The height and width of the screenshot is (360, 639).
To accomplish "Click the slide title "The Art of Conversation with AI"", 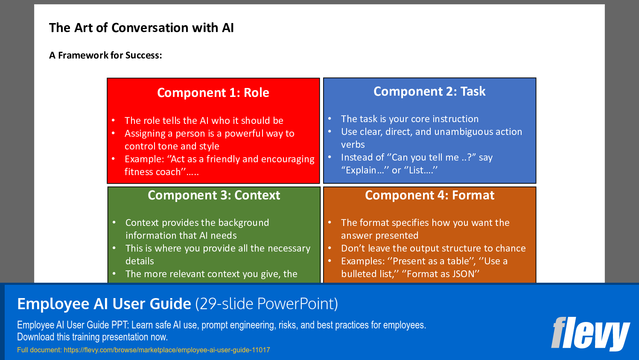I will pos(141,28).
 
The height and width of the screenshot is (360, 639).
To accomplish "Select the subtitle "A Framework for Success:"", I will pos(105,56).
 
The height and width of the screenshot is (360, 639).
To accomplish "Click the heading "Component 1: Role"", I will pos(213,93).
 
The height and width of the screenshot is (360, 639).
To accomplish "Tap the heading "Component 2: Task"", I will pos(429,91).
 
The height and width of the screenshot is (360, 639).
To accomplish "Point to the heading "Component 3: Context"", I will pos(214,195).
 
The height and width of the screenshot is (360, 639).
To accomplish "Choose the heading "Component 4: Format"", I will pos(429,195).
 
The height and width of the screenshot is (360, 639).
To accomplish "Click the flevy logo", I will pos(590,334).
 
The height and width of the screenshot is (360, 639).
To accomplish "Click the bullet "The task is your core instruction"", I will pos(409,119).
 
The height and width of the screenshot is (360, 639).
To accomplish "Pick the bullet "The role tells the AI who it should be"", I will pos(204,121).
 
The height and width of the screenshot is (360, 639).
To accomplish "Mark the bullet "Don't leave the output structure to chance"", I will pos(433,249).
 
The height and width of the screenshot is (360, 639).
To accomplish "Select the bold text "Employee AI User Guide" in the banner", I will pos(104,304).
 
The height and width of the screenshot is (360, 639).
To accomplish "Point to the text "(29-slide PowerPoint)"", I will pos(266,304).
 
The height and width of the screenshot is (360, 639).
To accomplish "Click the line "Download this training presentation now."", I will pos(92,337).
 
